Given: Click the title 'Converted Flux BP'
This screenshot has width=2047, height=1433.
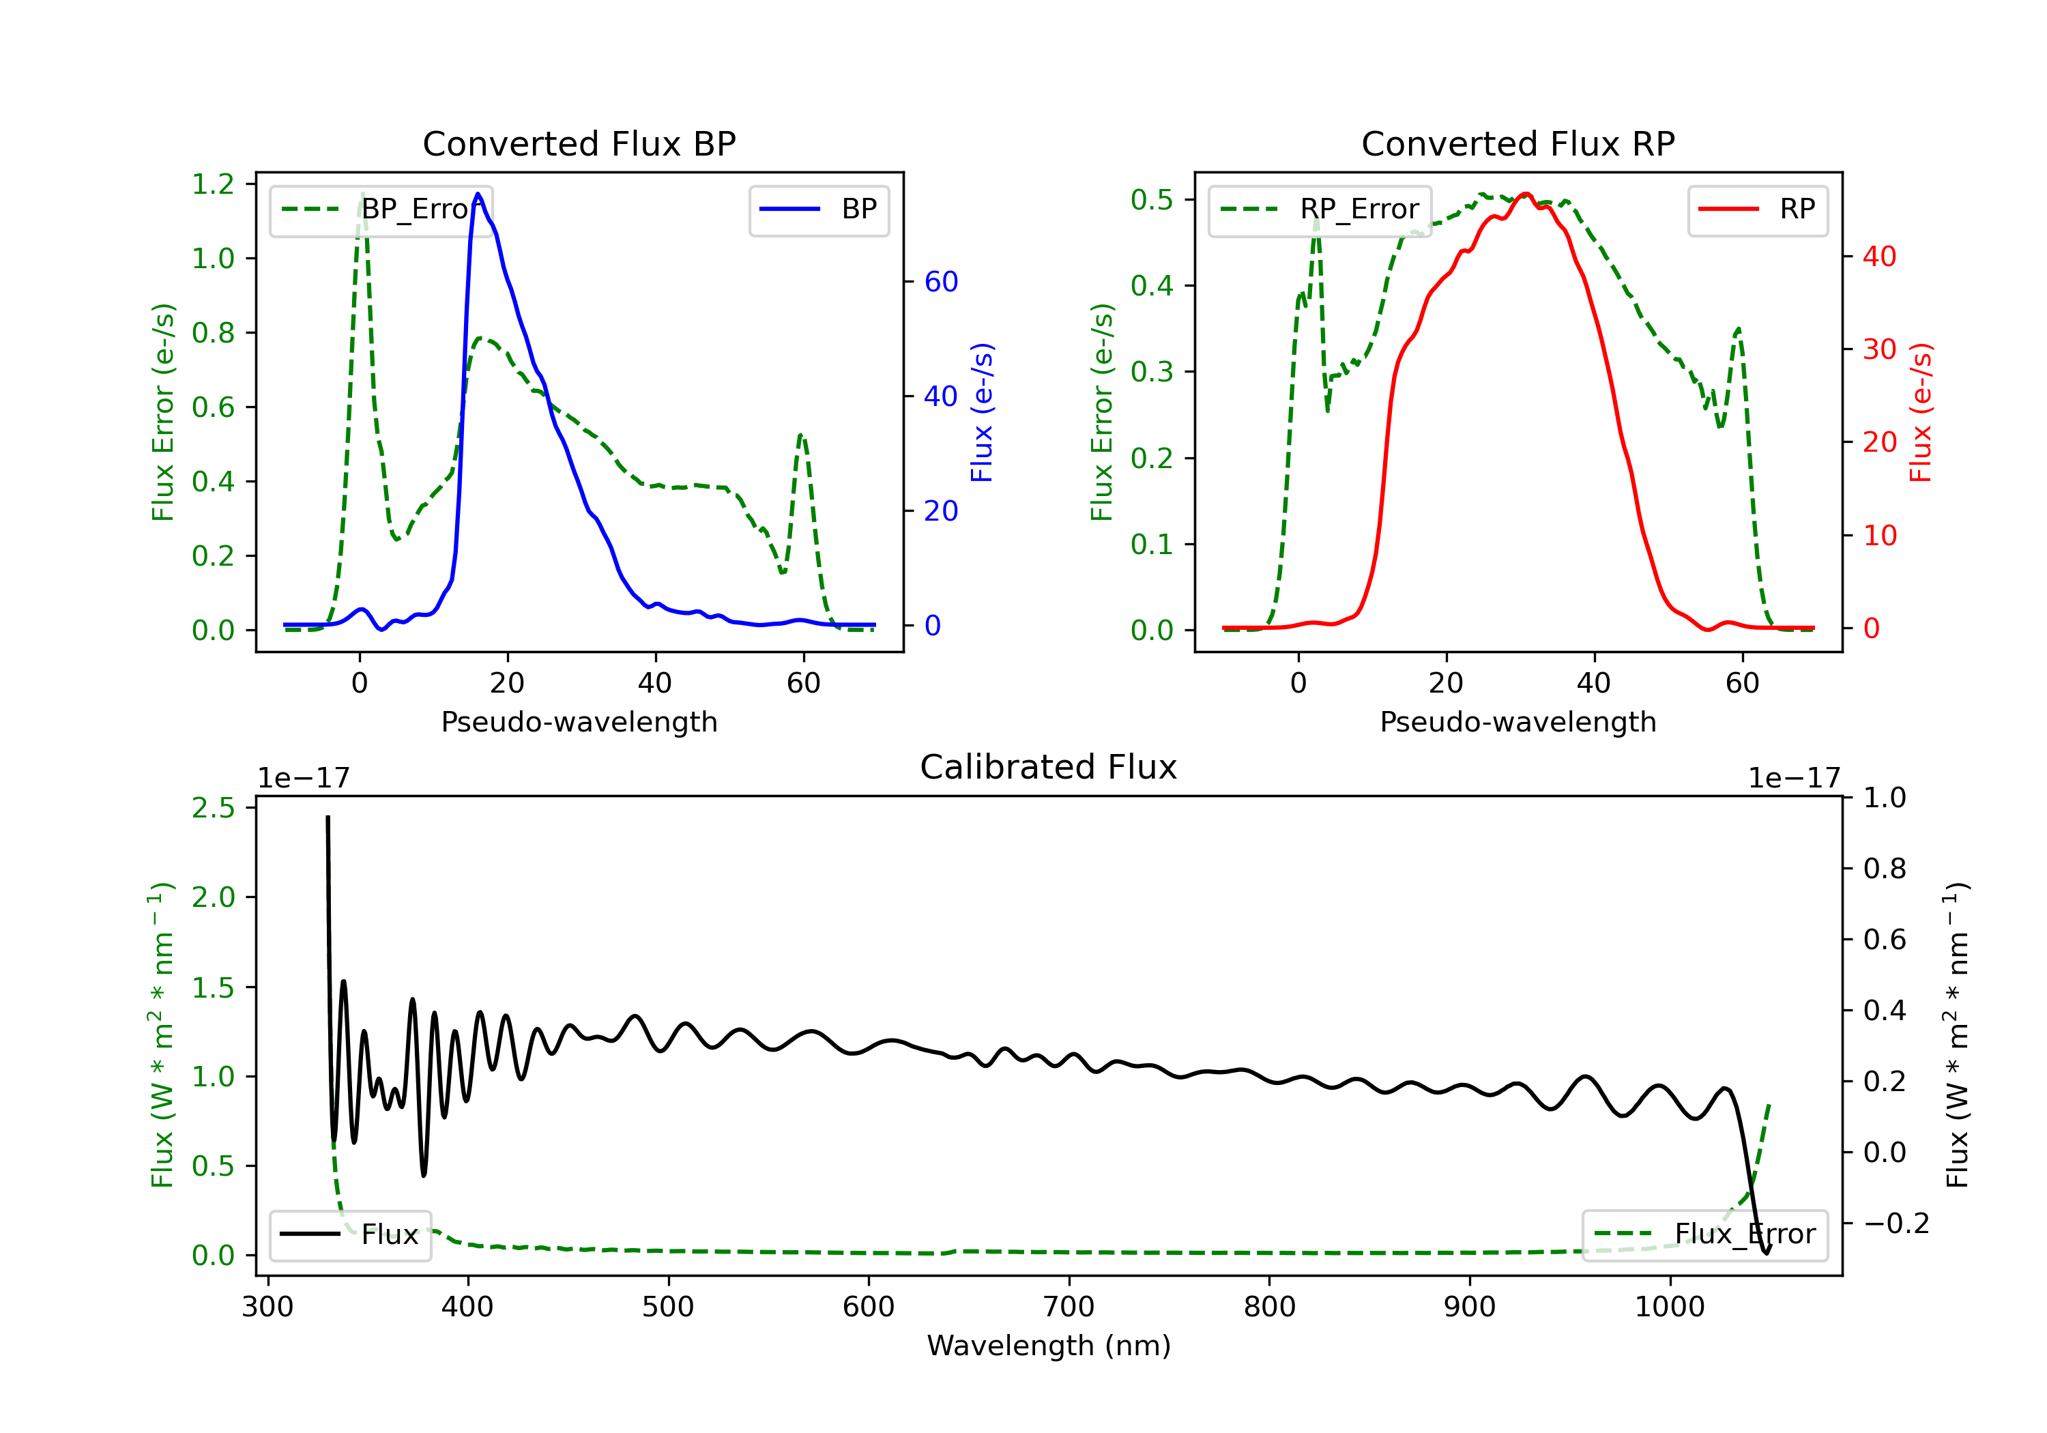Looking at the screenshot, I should point(579,143).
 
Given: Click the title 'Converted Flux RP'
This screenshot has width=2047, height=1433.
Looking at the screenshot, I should point(1518,143).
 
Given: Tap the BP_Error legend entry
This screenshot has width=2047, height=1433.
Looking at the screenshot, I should point(381,209).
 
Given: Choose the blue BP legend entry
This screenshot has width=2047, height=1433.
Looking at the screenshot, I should point(818,209).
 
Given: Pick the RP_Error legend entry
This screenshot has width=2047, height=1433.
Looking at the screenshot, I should point(1320,209).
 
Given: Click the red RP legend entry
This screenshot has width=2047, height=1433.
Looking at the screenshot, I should point(1757,209).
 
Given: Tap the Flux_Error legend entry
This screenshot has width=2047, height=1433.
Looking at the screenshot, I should point(1704,1234).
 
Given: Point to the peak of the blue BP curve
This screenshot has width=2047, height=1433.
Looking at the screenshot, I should point(478,194).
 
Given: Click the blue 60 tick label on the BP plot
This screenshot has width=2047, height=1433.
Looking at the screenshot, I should point(940,282).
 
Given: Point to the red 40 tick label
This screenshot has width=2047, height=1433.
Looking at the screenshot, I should point(1879,257).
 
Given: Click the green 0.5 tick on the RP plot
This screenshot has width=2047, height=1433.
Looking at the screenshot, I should point(1152,200).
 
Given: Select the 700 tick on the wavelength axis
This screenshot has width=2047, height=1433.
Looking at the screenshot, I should point(1069,1307).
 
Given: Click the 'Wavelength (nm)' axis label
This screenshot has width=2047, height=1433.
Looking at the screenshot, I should point(1049,1346).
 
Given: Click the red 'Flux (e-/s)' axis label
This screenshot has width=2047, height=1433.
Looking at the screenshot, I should point(1920,412).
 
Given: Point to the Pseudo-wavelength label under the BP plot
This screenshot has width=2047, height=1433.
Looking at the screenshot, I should point(579,721).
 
